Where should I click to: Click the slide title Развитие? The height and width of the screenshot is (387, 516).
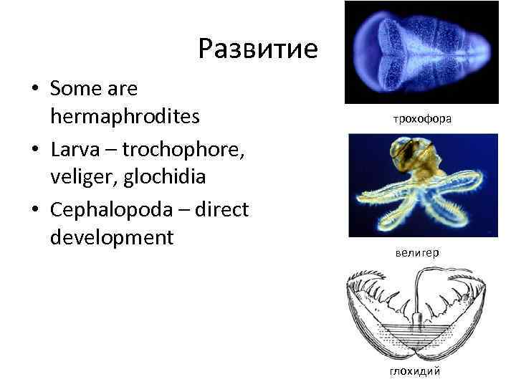pos(257,49)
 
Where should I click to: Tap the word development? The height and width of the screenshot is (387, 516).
pos(112,236)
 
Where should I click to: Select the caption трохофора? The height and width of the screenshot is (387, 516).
pos(421,118)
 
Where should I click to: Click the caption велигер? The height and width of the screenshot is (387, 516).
pos(416,252)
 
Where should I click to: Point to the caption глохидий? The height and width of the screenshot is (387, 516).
pos(415,371)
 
